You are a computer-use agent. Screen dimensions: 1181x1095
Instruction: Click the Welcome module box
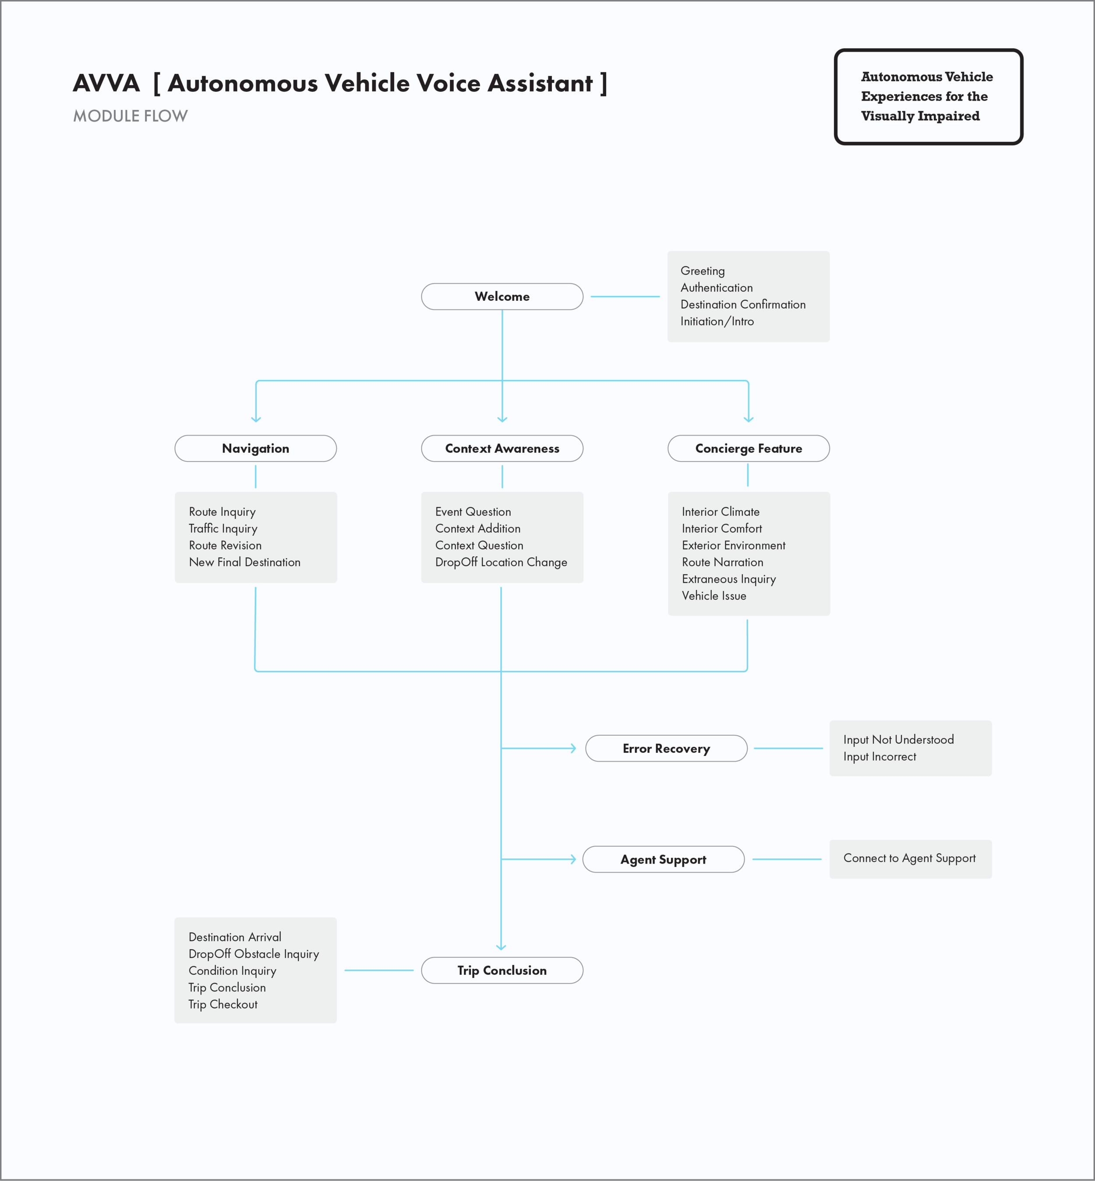(x=502, y=296)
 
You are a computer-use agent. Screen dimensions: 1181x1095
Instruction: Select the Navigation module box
(x=255, y=448)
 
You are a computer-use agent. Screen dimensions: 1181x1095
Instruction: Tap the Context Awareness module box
(x=502, y=448)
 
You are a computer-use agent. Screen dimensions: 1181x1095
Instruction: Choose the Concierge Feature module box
(x=749, y=448)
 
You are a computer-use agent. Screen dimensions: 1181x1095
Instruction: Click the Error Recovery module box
(x=666, y=748)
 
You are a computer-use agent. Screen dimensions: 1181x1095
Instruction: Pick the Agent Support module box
(x=663, y=859)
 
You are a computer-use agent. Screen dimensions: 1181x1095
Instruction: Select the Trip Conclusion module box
(x=502, y=970)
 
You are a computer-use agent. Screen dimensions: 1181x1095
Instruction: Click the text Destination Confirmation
(x=742, y=304)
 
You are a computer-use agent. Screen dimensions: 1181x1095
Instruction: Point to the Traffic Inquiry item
(x=223, y=528)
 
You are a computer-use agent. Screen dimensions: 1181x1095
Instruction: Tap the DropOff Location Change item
(x=501, y=562)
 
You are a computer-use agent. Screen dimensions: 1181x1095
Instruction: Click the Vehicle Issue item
(x=714, y=596)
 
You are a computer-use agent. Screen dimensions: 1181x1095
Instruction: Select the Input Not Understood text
(x=898, y=739)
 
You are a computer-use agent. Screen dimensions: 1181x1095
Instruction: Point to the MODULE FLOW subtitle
(x=131, y=116)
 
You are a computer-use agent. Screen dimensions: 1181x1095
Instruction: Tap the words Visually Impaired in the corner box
(x=920, y=116)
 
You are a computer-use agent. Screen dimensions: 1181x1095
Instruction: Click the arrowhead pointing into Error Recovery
(x=572, y=748)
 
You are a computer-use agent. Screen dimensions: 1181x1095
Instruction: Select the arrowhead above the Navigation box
(x=256, y=419)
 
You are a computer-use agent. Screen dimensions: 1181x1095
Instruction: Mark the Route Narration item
(x=722, y=562)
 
